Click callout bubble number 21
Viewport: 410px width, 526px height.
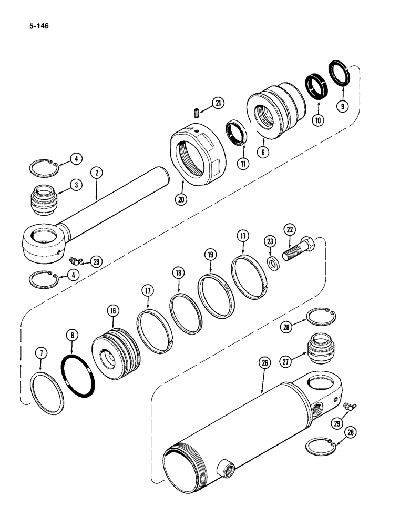[217, 103]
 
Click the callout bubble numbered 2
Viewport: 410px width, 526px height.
[96, 171]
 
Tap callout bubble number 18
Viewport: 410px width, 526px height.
[178, 272]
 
